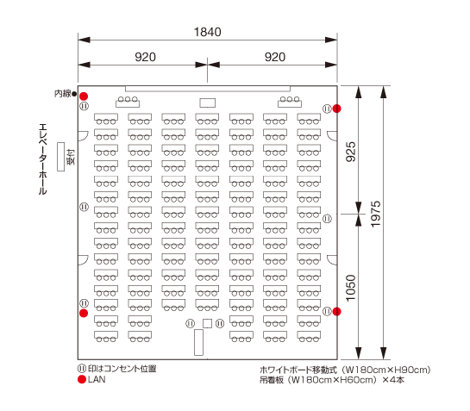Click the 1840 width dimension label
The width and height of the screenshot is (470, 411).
(208, 32)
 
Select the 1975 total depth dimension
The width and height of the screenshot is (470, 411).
(376, 215)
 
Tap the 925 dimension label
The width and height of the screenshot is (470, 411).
(351, 152)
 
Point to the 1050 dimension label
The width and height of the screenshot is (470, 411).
(351, 288)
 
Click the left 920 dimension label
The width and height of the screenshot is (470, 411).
(146, 57)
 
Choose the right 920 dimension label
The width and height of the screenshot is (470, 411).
(275, 57)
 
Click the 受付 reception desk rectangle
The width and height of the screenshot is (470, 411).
(61, 157)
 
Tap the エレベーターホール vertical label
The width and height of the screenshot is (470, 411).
(43, 159)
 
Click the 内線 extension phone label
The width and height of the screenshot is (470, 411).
(63, 94)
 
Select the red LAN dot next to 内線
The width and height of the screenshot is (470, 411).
(84, 97)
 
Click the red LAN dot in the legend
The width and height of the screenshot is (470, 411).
(82, 379)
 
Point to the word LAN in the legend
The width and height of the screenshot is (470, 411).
(97, 379)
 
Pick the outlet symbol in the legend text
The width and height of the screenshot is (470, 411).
(82, 369)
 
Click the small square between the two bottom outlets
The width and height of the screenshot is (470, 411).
(208, 323)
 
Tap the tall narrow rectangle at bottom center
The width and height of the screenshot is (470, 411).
(198, 342)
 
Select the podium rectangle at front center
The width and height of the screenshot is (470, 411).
(208, 103)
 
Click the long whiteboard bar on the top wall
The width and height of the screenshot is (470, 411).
(208, 89)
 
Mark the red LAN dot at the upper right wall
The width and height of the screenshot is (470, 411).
(336, 109)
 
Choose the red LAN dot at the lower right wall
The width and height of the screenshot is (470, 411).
(336, 312)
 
